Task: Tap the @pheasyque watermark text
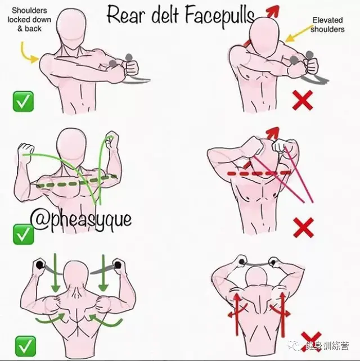[81, 220]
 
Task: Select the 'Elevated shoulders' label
[327, 25]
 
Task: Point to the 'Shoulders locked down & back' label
[29, 20]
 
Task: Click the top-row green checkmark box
[23, 102]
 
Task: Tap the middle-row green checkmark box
[23, 234]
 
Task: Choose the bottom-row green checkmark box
[25, 346]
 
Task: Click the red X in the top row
[303, 100]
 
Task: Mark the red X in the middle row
[304, 228]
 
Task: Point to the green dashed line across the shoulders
[76, 181]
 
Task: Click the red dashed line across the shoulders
[259, 173]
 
